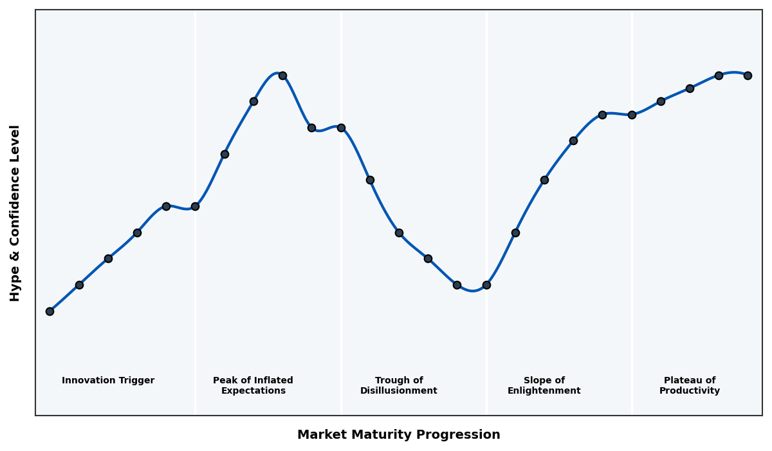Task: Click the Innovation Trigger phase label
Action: tap(108, 381)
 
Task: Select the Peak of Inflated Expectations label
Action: tap(253, 385)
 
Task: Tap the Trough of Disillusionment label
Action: tap(399, 385)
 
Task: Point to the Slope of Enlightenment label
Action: tap(544, 385)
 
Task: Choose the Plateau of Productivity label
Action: tap(690, 385)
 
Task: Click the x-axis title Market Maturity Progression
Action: tap(399, 435)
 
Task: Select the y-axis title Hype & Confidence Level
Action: tap(15, 213)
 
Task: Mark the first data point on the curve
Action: tap(50, 311)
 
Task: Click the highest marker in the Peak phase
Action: tap(282, 75)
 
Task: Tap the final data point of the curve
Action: tap(748, 75)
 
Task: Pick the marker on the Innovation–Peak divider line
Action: tap(195, 206)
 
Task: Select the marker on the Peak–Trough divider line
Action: tap(341, 128)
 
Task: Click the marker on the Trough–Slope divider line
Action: tap(486, 285)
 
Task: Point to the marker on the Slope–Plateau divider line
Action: tap(632, 115)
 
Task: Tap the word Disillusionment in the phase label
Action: tap(399, 391)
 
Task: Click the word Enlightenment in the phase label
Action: tap(544, 391)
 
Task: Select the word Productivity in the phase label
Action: tap(690, 391)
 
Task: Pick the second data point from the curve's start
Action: tap(79, 285)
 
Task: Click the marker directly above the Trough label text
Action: tap(399, 233)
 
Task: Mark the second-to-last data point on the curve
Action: tap(719, 75)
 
